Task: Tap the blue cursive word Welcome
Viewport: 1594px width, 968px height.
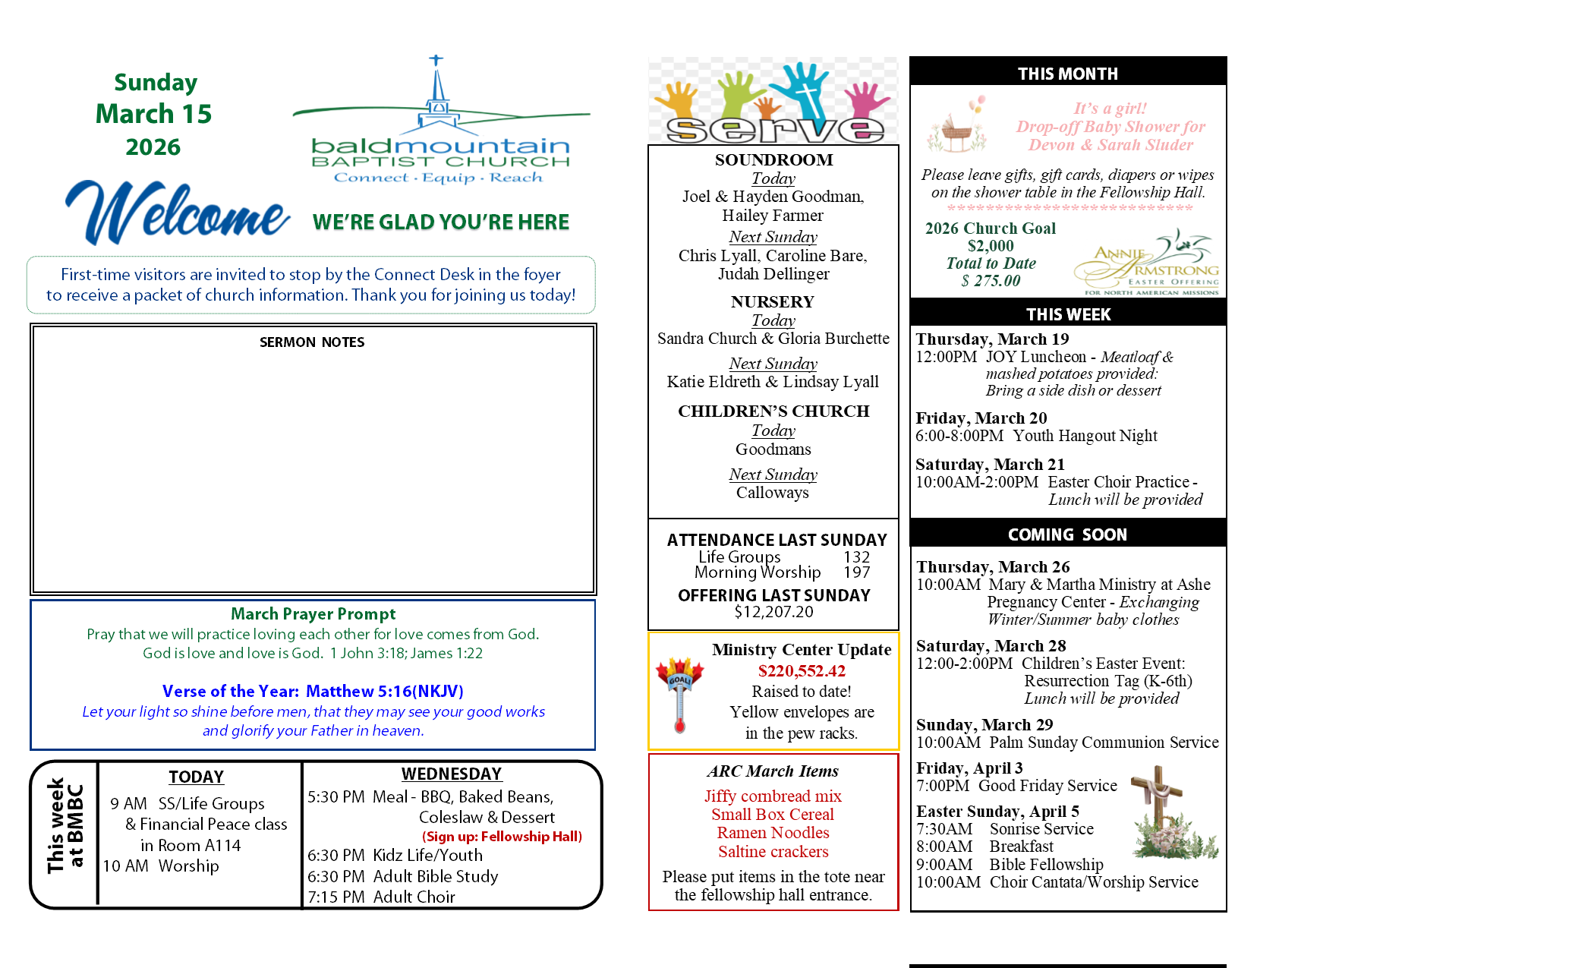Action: pyautogui.click(x=177, y=213)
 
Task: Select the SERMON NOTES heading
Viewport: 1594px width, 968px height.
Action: pyautogui.click(x=312, y=342)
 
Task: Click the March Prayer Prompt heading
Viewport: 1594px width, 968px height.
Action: pyautogui.click(x=313, y=613)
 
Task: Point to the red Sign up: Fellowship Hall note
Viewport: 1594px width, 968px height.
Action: pyautogui.click(x=502, y=837)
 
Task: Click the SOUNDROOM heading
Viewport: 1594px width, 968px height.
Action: pyautogui.click(x=773, y=160)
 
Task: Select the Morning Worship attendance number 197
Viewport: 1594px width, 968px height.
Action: pyautogui.click(x=856, y=572)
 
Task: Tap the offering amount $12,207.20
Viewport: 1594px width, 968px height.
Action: pyautogui.click(x=773, y=612)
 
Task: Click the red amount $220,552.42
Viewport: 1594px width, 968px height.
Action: pyautogui.click(x=802, y=671)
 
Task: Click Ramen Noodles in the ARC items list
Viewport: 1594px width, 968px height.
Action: pyautogui.click(x=773, y=833)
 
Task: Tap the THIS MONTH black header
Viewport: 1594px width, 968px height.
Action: pyautogui.click(x=1067, y=74)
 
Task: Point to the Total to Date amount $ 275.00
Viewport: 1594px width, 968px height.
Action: pyautogui.click(x=991, y=281)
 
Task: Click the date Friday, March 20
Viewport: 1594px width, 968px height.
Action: pyautogui.click(x=981, y=418)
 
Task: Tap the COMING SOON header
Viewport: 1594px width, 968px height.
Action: pyautogui.click(x=1067, y=534)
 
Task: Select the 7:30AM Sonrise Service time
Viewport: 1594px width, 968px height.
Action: pyautogui.click(x=944, y=829)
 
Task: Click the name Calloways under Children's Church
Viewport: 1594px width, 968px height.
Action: pyautogui.click(x=772, y=493)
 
